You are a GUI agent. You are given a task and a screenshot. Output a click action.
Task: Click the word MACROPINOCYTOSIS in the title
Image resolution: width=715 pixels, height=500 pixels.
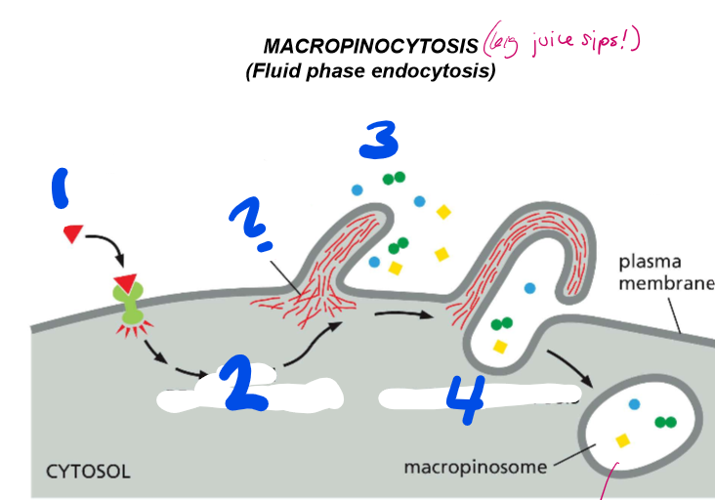[x=370, y=47]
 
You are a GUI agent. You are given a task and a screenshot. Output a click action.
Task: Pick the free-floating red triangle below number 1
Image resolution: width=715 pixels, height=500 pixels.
[x=73, y=232]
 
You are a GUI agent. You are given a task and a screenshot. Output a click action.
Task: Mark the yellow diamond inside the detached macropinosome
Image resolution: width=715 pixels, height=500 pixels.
[x=622, y=441]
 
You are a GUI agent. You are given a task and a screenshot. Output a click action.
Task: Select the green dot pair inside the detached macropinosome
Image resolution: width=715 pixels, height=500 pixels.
[x=667, y=422]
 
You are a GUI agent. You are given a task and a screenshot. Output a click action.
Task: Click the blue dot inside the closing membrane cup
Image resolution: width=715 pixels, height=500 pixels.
[x=530, y=288]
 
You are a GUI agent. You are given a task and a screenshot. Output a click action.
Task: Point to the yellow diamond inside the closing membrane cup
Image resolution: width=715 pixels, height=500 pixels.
[x=500, y=346]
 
